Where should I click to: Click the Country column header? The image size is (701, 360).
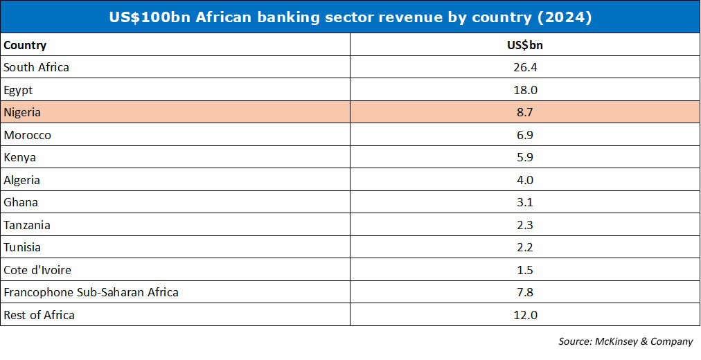25,45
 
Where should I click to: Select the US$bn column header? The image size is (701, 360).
525,45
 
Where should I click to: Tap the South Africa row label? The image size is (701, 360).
36,67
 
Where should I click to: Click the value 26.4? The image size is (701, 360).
525,67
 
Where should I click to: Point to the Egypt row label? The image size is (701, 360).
18,90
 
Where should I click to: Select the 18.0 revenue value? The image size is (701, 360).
525,90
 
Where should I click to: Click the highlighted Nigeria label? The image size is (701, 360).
22,113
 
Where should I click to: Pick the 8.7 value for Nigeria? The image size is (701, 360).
525,113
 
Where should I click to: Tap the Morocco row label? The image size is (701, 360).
27,135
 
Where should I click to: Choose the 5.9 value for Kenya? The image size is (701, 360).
525,158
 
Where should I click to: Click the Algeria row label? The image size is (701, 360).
22,180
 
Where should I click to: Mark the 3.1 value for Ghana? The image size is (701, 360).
525,202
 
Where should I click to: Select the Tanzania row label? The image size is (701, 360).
27,225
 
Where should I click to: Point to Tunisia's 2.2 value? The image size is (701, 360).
525,247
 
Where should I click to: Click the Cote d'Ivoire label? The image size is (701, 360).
37,270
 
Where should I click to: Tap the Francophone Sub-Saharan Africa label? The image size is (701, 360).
91,293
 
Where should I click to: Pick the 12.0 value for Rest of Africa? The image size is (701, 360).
525,315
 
